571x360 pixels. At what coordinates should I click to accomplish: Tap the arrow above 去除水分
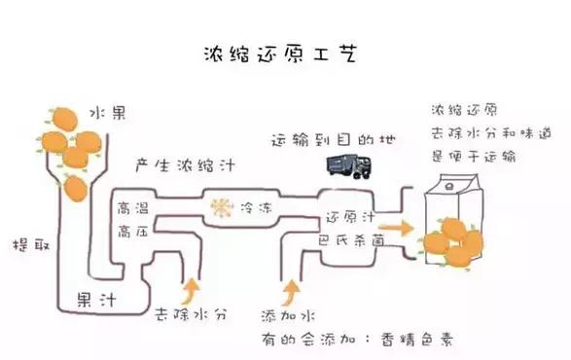pyautogui.click(x=192, y=289)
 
